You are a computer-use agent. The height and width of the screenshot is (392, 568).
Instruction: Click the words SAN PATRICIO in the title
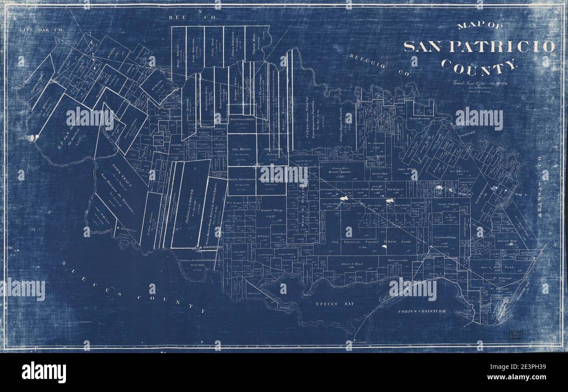pyautogui.click(x=479, y=47)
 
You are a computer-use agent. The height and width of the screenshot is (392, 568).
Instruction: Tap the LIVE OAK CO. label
pyautogui.click(x=42, y=30)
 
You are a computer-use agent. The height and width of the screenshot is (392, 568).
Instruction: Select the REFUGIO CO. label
pyautogui.click(x=380, y=65)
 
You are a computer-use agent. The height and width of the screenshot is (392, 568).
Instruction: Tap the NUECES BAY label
pyautogui.click(x=335, y=303)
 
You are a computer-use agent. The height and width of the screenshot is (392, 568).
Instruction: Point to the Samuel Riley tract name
pyautogui.click(x=272, y=211)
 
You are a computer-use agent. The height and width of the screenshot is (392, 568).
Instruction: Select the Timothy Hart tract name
pyautogui.click(x=252, y=42)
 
